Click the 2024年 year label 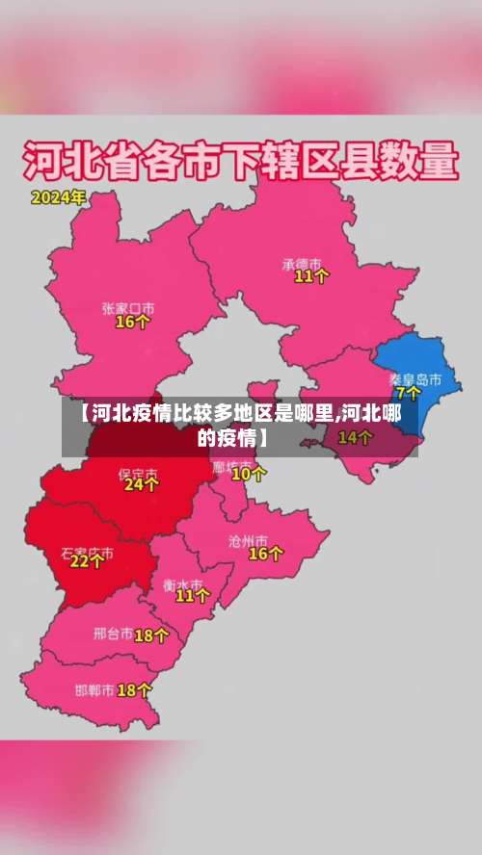[58, 197]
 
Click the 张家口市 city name [128, 308]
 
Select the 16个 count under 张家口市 [132, 323]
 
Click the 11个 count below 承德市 [311, 276]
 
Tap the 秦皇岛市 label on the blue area [415, 379]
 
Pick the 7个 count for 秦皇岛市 [410, 393]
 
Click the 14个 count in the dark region [355, 438]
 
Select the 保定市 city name [138, 473]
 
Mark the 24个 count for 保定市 [141, 486]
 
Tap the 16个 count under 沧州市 [266, 554]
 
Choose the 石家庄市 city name [87, 554]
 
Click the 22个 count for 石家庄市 [87, 562]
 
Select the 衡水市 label [182, 583]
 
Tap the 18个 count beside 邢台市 [151, 635]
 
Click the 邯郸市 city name [94, 690]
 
